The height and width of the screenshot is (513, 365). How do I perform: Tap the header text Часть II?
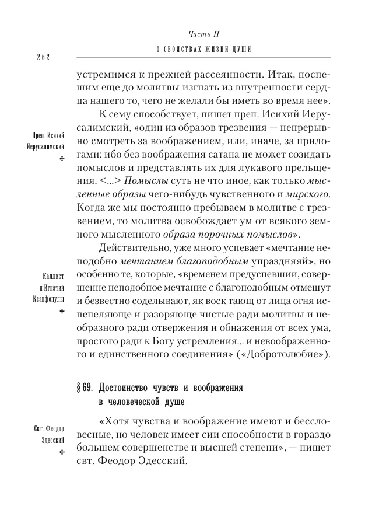coord(201,35)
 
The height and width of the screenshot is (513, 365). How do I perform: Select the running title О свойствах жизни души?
coord(201,50)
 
